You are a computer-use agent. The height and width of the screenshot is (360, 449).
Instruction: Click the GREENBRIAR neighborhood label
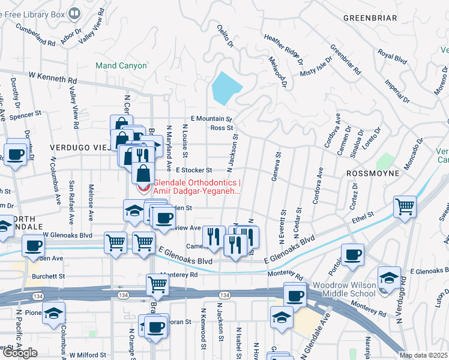(x=370, y=18)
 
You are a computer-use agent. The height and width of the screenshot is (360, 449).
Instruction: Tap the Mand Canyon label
(x=121, y=65)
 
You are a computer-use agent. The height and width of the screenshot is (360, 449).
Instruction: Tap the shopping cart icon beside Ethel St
(x=405, y=206)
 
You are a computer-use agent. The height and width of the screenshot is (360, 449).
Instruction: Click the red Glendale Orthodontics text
(x=197, y=187)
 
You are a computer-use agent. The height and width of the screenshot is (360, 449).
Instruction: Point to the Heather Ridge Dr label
(x=283, y=47)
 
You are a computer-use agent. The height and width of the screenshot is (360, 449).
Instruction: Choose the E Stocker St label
(x=193, y=170)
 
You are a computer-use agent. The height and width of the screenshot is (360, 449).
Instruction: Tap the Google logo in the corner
(x=20, y=353)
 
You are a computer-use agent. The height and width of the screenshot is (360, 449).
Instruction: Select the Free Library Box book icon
(x=74, y=13)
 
